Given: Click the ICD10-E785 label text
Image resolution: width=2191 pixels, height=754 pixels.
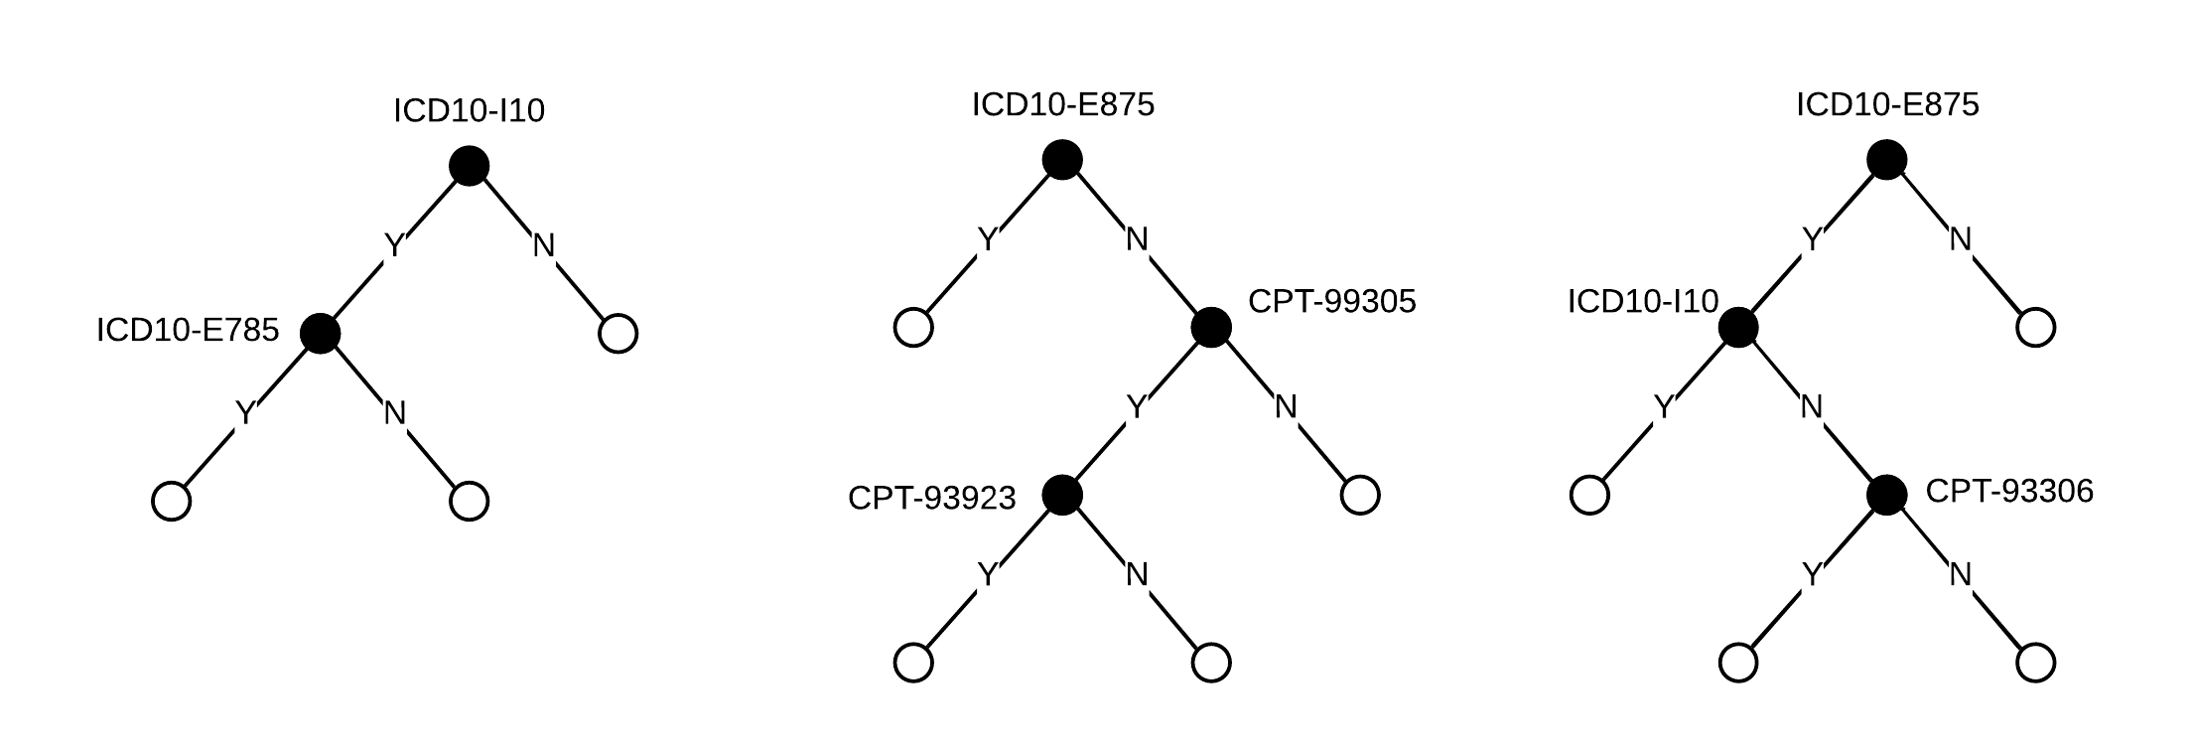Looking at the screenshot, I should coord(188,331).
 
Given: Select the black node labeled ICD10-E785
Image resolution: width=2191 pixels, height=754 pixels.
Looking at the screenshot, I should coord(320,334).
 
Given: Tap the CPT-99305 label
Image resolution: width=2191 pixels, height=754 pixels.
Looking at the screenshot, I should coord(1331,302).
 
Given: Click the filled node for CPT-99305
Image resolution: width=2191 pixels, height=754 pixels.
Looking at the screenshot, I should coord(1211,328).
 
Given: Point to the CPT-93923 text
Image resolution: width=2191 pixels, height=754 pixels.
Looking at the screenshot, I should coord(931,498).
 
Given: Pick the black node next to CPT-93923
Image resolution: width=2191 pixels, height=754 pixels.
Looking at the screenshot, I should coord(1062,495).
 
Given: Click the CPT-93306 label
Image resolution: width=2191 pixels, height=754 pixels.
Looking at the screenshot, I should coord(2009,491).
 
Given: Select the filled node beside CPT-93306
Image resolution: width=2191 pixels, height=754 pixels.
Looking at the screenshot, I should coord(1886,495).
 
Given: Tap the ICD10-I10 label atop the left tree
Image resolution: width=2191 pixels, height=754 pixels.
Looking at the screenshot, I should coord(469,111).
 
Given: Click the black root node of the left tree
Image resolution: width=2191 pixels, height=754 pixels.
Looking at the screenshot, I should coord(469,166).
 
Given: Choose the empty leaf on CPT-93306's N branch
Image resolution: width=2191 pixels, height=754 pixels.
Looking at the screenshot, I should coord(2035,663).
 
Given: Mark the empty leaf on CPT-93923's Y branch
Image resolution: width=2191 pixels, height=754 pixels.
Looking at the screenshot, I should coord(913,663).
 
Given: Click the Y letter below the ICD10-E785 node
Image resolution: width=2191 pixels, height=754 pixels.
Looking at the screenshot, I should coord(245,413).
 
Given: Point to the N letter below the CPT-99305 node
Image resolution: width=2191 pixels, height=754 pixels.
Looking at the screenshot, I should coord(1286,407).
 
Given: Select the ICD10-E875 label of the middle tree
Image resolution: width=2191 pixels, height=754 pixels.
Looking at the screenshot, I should coord(1062,105).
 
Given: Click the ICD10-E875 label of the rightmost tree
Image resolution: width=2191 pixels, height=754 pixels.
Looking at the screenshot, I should coord(1887,105).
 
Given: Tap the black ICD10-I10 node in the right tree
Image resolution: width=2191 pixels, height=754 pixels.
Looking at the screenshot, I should coord(1738,328).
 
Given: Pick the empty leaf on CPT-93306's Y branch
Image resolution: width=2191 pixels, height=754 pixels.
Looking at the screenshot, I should coord(1738,663).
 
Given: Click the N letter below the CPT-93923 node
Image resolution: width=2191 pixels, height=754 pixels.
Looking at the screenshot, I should coord(1137,575).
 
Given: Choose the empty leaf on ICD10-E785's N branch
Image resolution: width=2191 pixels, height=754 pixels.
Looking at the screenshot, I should coord(469,502).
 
